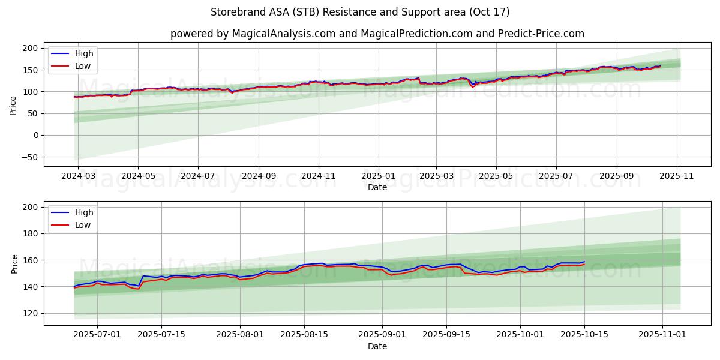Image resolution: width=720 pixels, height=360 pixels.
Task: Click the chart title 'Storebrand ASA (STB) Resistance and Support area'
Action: point(360,12)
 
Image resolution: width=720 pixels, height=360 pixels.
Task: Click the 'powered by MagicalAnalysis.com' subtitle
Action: point(253,34)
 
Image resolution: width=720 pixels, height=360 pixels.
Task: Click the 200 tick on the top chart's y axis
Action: point(31,48)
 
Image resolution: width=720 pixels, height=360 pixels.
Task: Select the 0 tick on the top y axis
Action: point(35,135)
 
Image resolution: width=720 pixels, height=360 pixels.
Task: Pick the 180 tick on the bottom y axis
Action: point(31,233)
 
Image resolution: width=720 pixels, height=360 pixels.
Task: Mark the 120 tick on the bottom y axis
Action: point(31,313)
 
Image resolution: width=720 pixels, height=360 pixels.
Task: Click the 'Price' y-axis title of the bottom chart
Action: point(15,263)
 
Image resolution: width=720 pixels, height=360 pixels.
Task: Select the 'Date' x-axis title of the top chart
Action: point(377,188)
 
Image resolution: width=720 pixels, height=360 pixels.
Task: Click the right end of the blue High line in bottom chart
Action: point(584,262)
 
